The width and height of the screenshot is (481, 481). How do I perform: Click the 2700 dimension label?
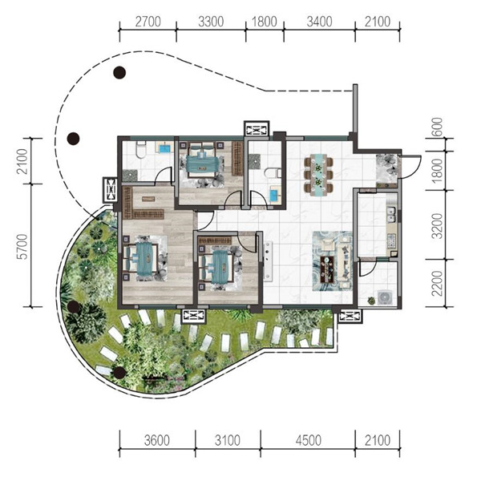(x=148, y=22)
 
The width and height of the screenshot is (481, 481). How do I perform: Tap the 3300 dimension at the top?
(x=211, y=22)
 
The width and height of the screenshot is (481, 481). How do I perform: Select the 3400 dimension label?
(x=319, y=22)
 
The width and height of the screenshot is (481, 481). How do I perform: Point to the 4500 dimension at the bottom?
(x=309, y=440)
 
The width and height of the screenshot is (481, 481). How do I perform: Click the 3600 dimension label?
(x=157, y=440)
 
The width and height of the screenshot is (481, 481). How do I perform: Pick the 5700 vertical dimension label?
(x=22, y=247)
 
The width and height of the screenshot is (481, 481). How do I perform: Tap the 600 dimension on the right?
(x=438, y=127)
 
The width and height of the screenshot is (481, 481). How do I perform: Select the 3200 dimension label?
(x=438, y=226)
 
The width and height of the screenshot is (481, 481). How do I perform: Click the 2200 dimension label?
(x=438, y=283)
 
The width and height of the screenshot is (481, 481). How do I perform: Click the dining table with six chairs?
(x=318, y=174)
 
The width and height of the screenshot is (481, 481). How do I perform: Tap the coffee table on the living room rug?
(x=328, y=270)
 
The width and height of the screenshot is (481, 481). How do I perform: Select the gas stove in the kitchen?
(x=391, y=240)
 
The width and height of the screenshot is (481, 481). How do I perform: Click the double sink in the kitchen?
(x=391, y=214)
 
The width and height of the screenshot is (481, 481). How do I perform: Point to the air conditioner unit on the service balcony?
(x=385, y=297)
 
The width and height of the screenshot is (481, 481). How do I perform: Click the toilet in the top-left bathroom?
(x=140, y=149)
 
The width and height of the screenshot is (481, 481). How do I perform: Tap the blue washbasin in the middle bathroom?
(x=274, y=195)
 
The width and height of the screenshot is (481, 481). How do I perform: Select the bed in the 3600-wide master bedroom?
(x=142, y=258)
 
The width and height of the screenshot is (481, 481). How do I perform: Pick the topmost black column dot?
(x=119, y=73)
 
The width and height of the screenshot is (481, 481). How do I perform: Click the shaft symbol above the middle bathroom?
(x=257, y=129)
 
